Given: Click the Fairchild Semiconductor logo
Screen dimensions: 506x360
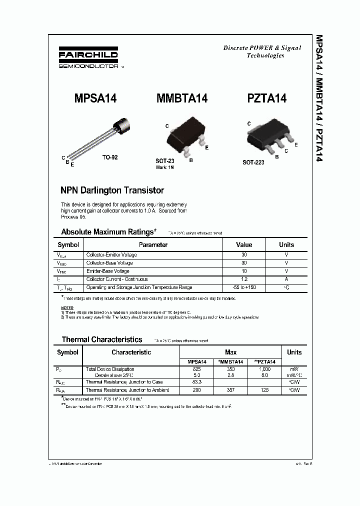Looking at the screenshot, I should [88, 59].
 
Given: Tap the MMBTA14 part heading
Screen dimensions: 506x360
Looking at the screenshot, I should [182, 98].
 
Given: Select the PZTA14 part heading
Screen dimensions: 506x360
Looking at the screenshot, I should [267, 98].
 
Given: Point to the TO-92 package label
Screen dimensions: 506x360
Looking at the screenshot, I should [110, 157].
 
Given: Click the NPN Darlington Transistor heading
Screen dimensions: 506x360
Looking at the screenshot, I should [112, 190].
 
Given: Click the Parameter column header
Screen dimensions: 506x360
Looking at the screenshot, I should [153, 245].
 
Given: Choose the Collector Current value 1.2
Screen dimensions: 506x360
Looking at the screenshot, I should [244, 279].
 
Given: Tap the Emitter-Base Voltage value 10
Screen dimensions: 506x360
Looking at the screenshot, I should [244, 271].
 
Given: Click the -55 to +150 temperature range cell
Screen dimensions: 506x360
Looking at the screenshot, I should [244, 287].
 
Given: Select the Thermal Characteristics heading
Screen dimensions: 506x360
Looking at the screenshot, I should [101, 339].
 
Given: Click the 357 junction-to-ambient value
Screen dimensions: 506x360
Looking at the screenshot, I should [230, 390].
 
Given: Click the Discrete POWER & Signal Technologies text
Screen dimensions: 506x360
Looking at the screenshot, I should [262, 51].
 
